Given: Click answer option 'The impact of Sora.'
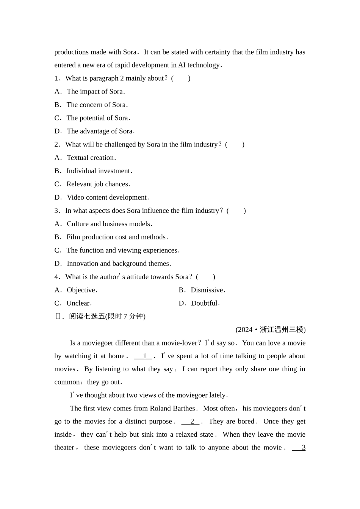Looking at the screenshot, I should click(x=95, y=92).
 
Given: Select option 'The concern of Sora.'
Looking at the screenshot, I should click(x=97, y=105).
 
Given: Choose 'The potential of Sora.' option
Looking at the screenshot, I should click(x=98, y=118).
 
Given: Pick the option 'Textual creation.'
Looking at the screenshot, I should click(x=91, y=158).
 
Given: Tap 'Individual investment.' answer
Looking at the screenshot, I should click(x=99, y=171).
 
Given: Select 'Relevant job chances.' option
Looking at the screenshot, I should click(x=98, y=184).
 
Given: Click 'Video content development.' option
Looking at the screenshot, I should click(x=107, y=198).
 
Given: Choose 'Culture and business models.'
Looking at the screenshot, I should click(x=109, y=224).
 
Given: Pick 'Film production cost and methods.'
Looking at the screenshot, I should click(x=117, y=237).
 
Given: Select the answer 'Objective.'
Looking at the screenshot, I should click(x=82, y=290).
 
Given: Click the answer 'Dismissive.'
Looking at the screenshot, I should click(x=208, y=290).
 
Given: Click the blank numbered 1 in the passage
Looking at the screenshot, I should click(x=143, y=356).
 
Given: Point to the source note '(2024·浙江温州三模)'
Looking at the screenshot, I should click(x=271, y=330).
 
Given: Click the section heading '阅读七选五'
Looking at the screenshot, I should click(x=87, y=317).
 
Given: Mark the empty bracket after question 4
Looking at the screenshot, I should click(x=206, y=277).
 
